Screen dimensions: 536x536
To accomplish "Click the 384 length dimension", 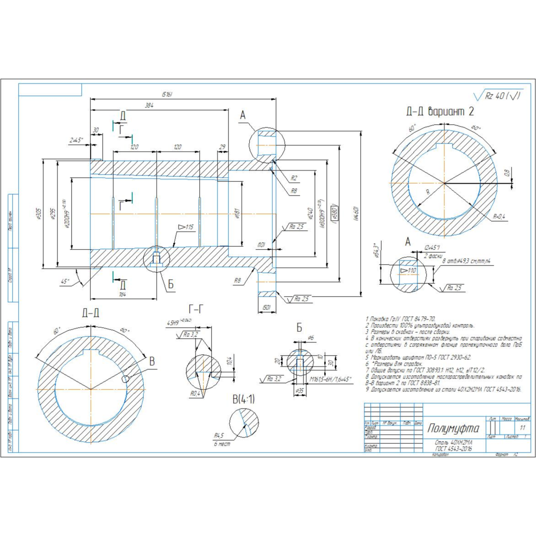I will [x=149, y=106].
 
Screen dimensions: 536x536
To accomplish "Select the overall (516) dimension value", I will [x=167, y=94].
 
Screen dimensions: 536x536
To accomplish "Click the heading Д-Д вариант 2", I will [x=441, y=112].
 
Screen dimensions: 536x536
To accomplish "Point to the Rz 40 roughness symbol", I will [x=496, y=96].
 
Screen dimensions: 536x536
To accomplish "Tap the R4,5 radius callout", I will [x=218, y=435].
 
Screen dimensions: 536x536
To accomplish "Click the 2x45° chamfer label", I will [x=76, y=140].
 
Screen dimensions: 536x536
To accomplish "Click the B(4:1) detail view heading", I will [x=243, y=398].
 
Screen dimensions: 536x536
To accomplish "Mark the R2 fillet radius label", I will [x=294, y=177].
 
